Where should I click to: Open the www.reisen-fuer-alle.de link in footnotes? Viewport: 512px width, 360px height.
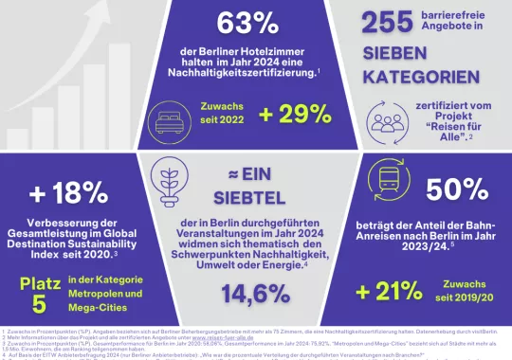pyautogui.click(x=224, y=335)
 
